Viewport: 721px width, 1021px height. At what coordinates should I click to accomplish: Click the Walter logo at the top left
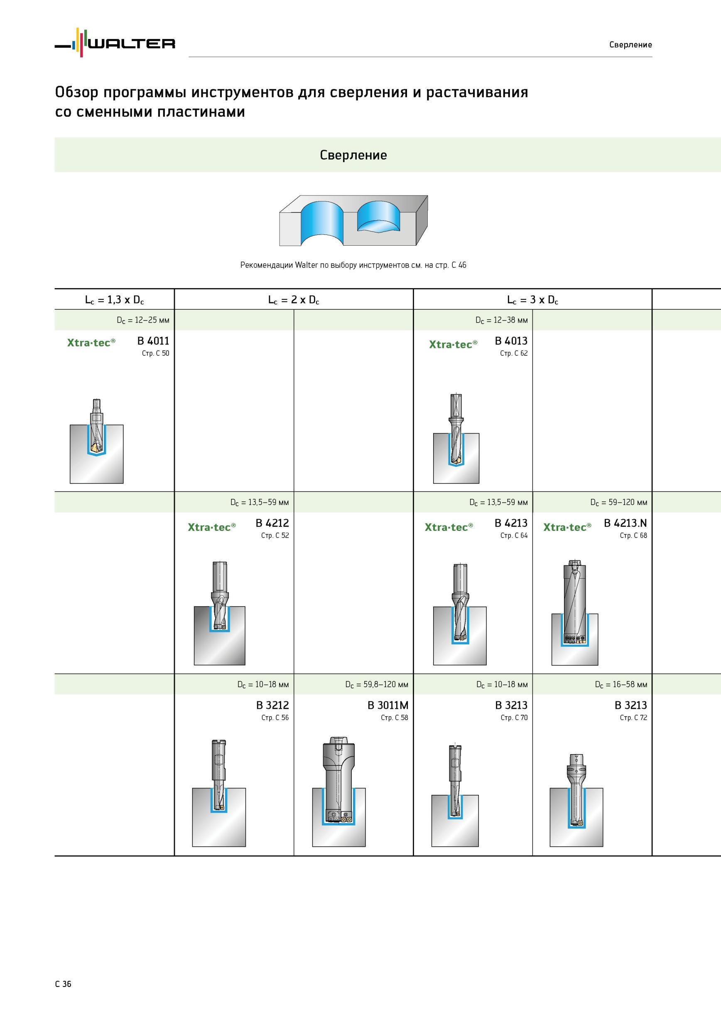coord(115,43)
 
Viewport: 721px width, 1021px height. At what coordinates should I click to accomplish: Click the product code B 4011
coord(153,341)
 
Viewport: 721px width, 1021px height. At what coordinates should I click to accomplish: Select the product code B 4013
coord(511,341)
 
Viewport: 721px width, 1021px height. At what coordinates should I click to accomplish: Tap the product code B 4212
coord(272,523)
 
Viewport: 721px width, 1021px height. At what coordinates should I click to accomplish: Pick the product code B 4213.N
coord(625,523)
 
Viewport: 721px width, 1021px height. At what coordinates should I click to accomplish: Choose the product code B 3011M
coord(388,705)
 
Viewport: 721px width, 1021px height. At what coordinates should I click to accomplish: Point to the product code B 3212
coord(272,705)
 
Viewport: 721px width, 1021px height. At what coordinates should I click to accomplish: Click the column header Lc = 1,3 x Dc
coord(115,300)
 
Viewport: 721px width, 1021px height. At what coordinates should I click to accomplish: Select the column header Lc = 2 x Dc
coord(294,300)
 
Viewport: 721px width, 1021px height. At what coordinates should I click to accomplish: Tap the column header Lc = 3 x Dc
coord(532,300)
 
